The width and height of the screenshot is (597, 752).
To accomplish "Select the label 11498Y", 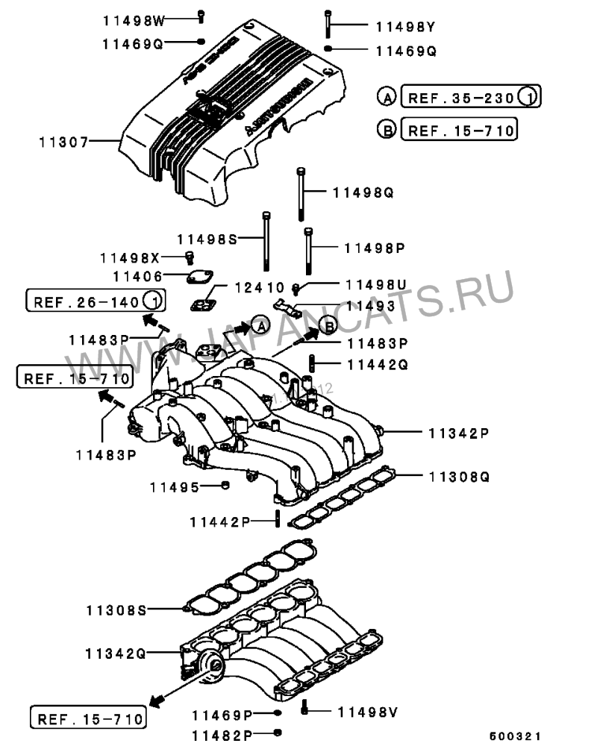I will point(405,28).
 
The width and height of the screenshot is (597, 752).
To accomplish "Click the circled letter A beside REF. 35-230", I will point(387,97).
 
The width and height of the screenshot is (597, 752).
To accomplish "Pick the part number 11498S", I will point(207,239).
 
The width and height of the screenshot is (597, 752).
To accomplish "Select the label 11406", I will point(137,276).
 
